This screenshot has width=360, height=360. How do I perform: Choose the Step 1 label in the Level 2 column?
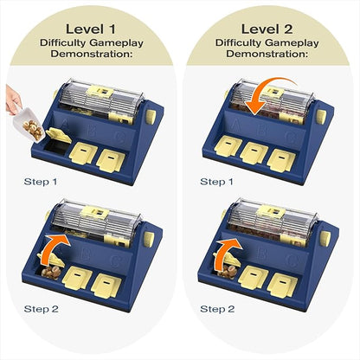click(x=217, y=182)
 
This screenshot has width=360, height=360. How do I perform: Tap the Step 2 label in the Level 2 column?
click(x=217, y=308)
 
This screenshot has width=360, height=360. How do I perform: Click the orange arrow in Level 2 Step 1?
click(x=259, y=95)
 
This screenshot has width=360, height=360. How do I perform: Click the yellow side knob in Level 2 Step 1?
click(x=321, y=114)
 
